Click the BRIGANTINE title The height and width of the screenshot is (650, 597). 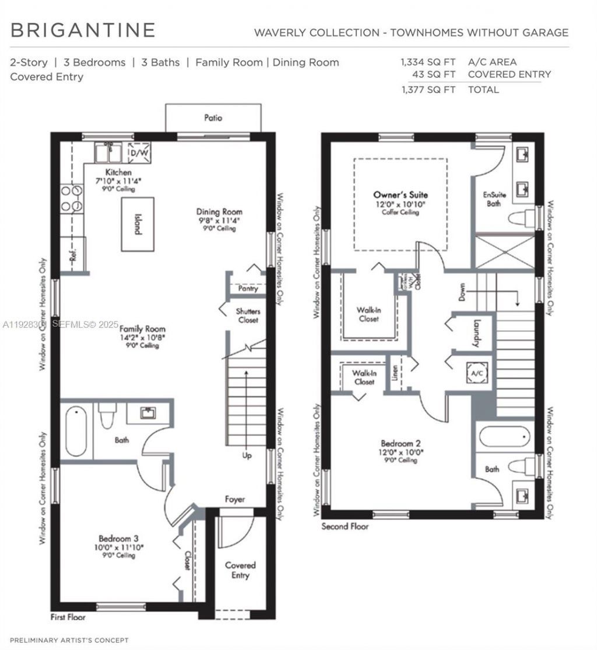click(x=83, y=30)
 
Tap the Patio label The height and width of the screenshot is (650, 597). click(x=213, y=118)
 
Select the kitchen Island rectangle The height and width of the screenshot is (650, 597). click(x=138, y=224)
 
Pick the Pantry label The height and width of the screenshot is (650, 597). click(x=248, y=288)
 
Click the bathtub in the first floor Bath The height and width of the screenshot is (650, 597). click(x=76, y=432)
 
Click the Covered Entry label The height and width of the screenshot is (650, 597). click(x=240, y=570)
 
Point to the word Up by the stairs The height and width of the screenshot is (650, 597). click(x=247, y=455)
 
